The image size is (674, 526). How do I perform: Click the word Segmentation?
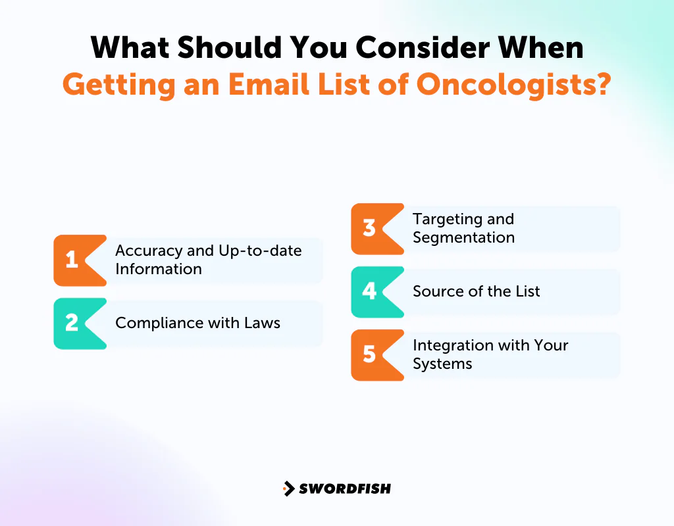(463, 237)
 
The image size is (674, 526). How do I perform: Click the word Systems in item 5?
(442, 364)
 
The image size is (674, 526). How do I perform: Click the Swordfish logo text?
(345, 489)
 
